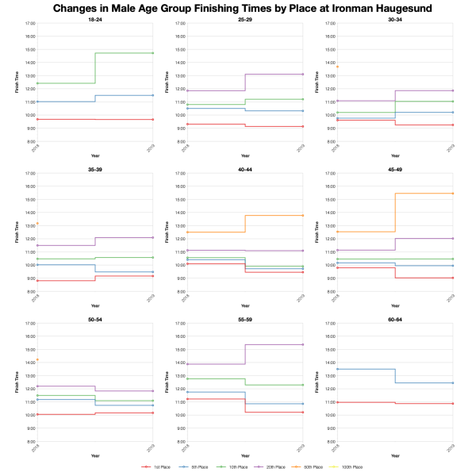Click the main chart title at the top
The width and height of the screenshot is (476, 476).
pos(238,8)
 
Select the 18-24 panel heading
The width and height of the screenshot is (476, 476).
pos(95,19)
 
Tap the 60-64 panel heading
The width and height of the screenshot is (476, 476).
pos(393,319)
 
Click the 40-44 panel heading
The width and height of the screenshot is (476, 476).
pos(244,169)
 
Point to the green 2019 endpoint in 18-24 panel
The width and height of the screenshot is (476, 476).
pos(152,53)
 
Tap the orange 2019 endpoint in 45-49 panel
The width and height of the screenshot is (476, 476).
pos(452,194)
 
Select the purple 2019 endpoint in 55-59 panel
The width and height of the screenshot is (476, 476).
pos(302,344)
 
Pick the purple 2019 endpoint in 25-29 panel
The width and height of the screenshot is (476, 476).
pos(302,74)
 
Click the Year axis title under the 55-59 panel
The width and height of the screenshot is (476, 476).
pos(244,455)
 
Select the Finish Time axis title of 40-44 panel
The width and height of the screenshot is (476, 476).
pos(168,232)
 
